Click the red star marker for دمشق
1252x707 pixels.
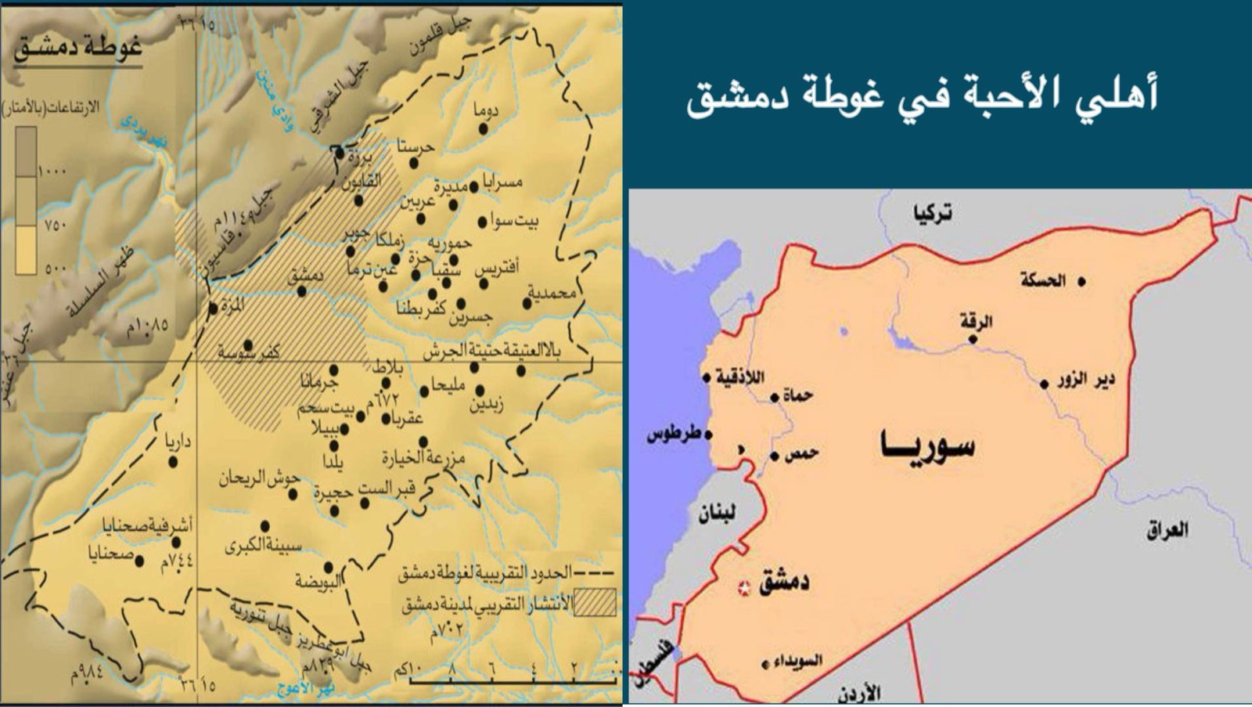tap(744, 587)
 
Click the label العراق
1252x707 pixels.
tap(1167, 530)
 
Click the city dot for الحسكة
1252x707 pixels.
tap(1081, 281)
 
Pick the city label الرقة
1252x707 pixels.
tap(976, 322)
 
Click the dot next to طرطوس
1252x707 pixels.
tap(708, 435)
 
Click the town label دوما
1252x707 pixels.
tap(485, 110)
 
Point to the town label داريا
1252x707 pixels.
tap(176, 443)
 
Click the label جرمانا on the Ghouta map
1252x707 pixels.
tap(319, 383)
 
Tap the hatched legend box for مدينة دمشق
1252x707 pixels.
tap(595, 602)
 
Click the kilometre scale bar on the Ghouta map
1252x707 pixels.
tap(513, 681)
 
